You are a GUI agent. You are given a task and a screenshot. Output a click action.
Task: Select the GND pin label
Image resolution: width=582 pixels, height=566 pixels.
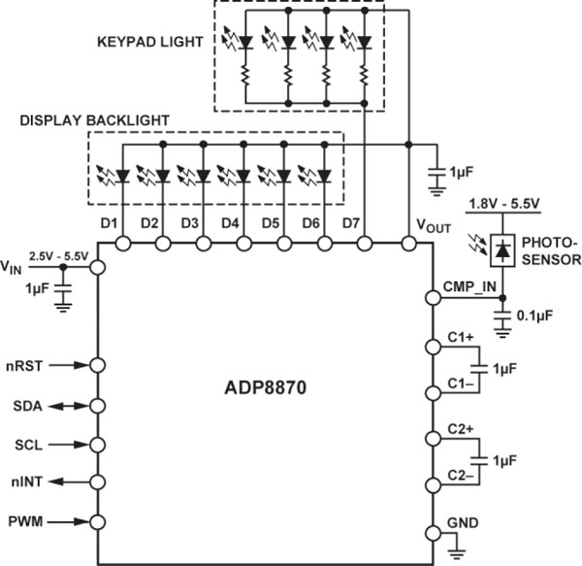[462, 522]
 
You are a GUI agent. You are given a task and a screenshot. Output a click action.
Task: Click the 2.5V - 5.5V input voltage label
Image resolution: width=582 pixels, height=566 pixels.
[59, 254]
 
